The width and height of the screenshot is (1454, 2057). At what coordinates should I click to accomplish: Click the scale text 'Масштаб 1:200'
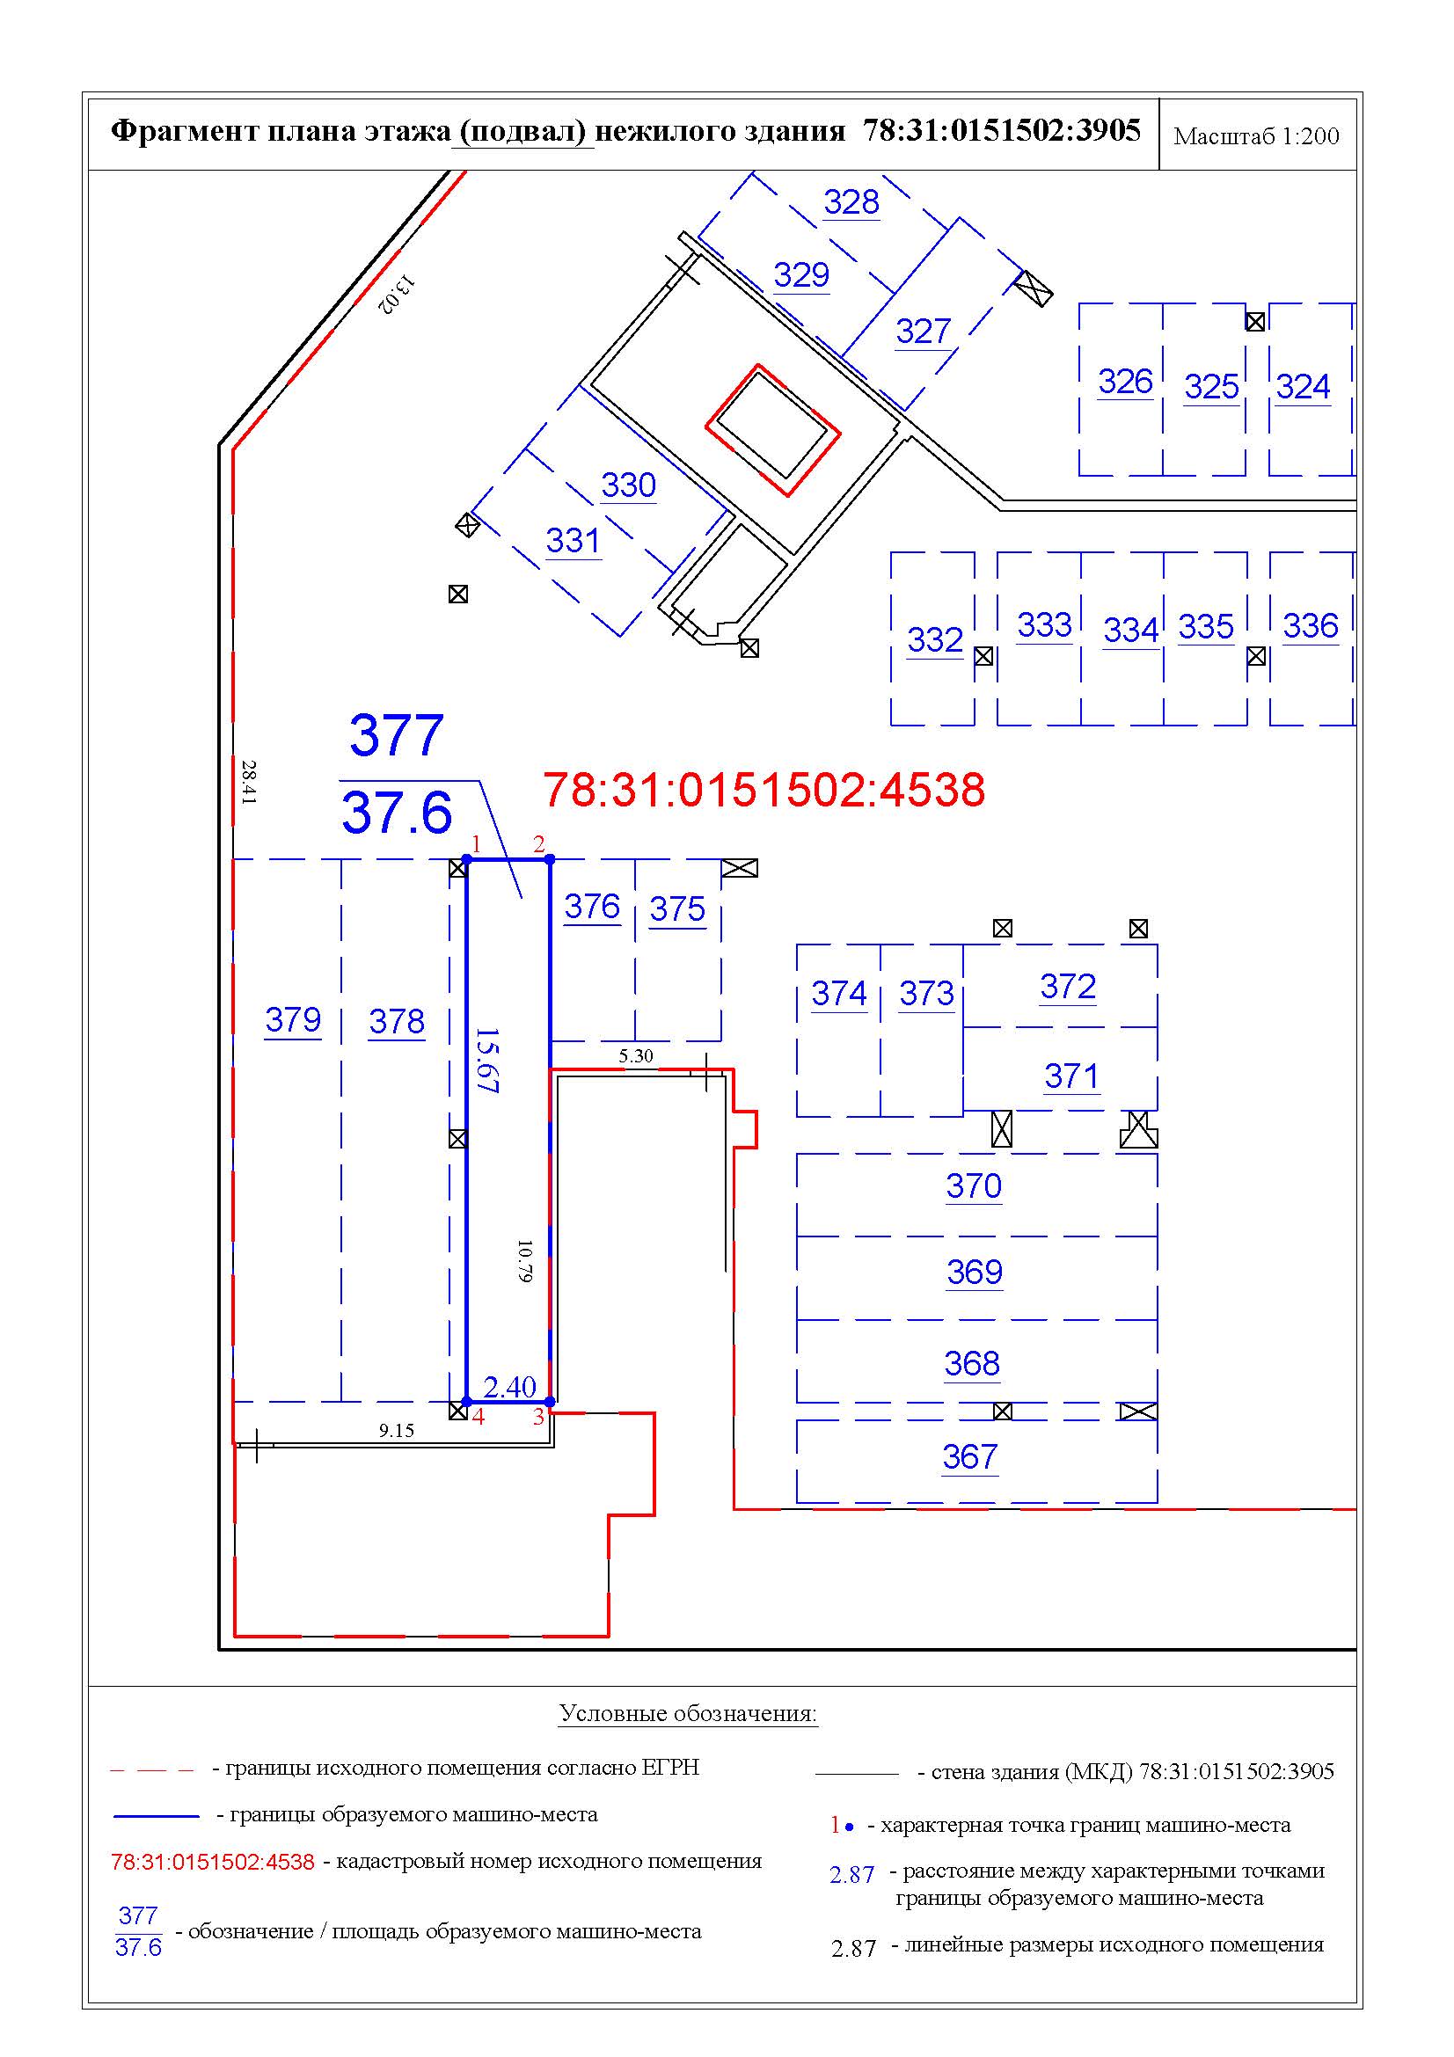tap(1256, 136)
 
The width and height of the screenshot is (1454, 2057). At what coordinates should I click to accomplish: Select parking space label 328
tap(851, 201)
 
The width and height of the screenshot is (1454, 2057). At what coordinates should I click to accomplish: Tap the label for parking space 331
tap(573, 540)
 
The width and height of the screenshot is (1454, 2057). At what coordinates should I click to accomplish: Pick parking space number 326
tap(1125, 382)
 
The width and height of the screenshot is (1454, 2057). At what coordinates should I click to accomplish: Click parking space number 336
tap(1310, 625)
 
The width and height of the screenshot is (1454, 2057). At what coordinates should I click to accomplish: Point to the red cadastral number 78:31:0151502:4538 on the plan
tap(764, 789)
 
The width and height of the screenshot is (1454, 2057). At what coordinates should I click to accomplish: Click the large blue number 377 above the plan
tap(396, 735)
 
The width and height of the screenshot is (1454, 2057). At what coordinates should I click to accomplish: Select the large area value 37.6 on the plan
tap(396, 813)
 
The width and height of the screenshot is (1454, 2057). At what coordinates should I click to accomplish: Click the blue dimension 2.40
tap(508, 1387)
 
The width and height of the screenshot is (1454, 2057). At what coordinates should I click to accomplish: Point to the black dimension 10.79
tap(525, 1260)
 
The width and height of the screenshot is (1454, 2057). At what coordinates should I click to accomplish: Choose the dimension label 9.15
tap(396, 1430)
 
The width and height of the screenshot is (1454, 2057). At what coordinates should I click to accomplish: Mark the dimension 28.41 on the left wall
tap(248, 782)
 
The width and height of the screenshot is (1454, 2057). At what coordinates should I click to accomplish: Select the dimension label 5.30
tap(635, 1055)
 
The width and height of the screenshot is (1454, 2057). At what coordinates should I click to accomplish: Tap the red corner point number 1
tap(477, 844)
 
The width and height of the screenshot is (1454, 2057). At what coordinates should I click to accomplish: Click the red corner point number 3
tap(538, 1417)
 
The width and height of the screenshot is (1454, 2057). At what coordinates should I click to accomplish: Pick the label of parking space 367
tap(969, 1456)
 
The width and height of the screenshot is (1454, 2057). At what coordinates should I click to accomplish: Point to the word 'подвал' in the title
tap(523, 131)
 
